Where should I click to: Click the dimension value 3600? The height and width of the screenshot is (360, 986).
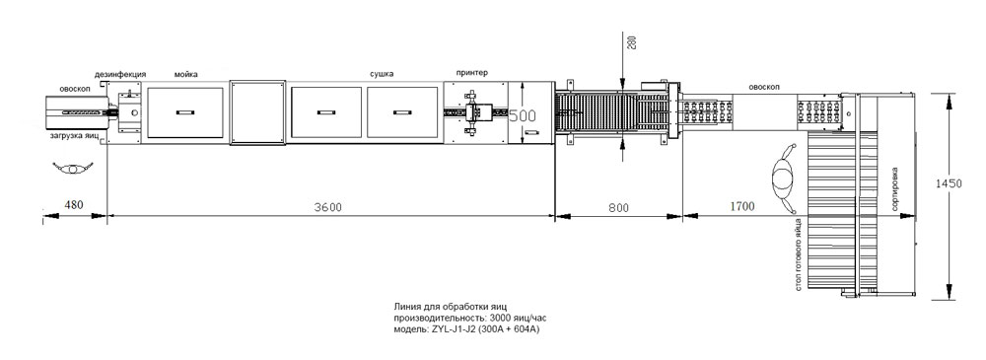[328, 208]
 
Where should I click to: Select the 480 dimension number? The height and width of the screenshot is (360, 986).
[75, 204]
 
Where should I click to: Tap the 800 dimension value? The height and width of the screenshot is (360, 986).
[618, 206]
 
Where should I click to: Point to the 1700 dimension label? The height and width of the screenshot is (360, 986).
[743, 206]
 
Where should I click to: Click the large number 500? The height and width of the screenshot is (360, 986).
[522, 115]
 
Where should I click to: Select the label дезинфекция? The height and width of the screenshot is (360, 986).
[120, 74]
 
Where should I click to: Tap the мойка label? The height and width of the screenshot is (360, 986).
[185, 74]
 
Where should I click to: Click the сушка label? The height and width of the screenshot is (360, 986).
[382, 74]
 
